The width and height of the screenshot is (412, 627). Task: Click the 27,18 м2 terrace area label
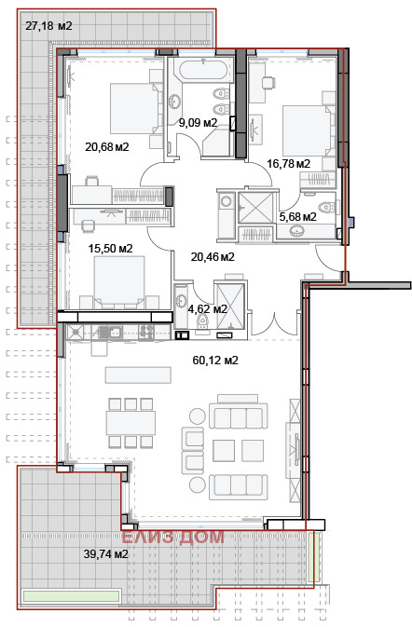coord(48,26)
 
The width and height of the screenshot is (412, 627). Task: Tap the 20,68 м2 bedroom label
coord(107,147)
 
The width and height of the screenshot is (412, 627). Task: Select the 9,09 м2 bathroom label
coord(198,123)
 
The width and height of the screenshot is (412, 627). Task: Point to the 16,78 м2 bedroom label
coord(288,164)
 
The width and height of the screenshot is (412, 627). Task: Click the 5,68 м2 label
coord(297,217)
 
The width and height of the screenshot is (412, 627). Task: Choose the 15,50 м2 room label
coord(110,249)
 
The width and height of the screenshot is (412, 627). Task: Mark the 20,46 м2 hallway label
coord(213,257)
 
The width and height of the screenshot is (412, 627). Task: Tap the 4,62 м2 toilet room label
coord(207,308)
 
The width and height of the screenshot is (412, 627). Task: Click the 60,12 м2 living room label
coord(215,361)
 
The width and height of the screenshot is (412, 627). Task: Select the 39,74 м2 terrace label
coord(106,553)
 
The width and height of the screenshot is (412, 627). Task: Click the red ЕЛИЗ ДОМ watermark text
coord(172,537)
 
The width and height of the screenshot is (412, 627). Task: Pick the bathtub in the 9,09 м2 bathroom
coord(203,71)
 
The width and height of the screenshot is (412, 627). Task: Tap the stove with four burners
coord(145,333)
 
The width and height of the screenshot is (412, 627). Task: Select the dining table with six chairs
coord(130,423)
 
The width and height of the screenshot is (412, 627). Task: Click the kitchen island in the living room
coord(138,375)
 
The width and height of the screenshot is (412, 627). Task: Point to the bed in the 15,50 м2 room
coord(119,282)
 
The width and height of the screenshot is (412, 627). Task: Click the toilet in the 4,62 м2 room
coord(203,320)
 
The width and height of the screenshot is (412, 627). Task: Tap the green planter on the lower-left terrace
coord(72,596)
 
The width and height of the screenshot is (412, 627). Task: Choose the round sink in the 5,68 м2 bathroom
coord(296,230)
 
